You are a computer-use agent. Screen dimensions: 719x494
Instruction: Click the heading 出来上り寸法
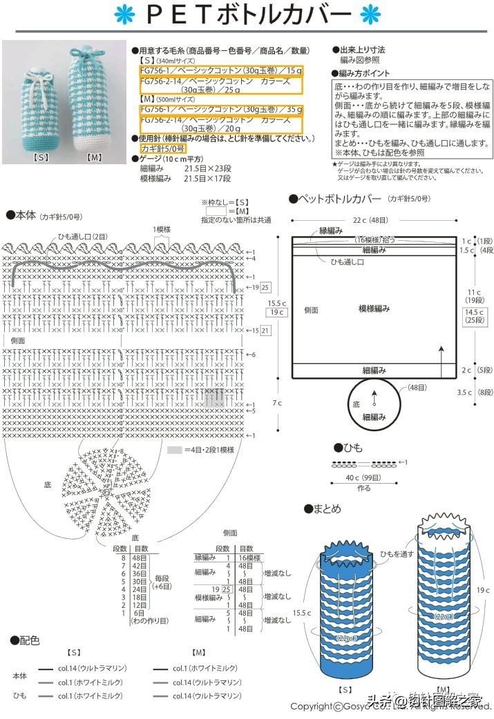pyautogui.click(x=361, y=50)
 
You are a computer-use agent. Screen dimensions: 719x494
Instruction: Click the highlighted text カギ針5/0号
pyautogui.click(x=162, y=148)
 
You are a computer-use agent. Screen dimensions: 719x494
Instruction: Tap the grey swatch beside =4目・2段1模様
pyautogui.click(x=174, y=449)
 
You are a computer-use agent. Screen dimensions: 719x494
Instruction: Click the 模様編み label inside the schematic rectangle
pyautogui.click(x=374, y=308)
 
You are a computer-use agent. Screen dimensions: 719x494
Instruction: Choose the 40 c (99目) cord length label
pyautogui.click(x=363, y=477)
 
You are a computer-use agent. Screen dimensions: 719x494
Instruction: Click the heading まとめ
pyautogui.click(x=327, y=509)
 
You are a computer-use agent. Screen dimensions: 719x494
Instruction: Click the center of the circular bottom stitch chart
pyautogui.click(x=106, y=491)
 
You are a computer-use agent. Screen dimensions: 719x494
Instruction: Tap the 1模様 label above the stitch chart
pyautogui.click(x=163, y=229)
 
